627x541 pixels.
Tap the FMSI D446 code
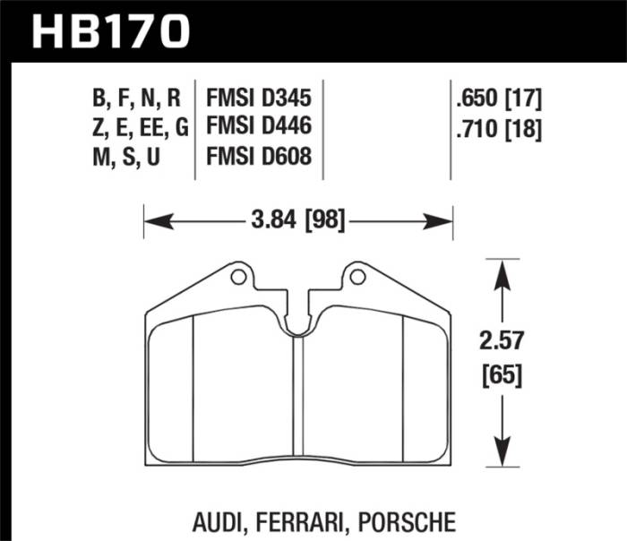coord(259,127)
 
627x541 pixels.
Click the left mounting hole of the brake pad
coord(238,278)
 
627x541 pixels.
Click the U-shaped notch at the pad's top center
coord(299,327)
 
